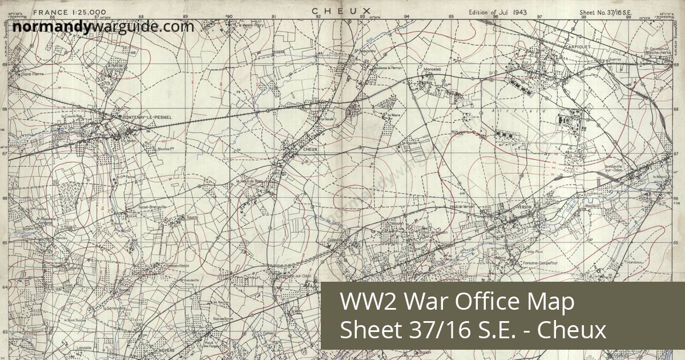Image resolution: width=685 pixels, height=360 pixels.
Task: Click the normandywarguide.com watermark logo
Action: pos(103,26)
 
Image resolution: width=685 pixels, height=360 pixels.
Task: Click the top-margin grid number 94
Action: pos(406,17)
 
